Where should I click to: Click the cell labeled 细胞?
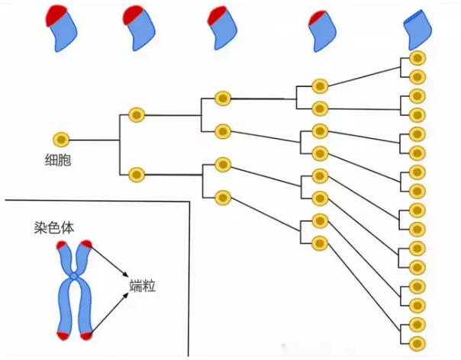[x=61, y=140]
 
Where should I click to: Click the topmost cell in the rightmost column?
[x=417, y=59]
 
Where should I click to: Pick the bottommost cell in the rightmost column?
[x=417, y=342]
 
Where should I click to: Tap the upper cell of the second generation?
[x=137, y=115]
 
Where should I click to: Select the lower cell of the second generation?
[x=137, y=174]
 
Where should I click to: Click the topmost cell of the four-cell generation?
[x=222, y=98]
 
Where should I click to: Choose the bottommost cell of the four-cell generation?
[x=222, y=197]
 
